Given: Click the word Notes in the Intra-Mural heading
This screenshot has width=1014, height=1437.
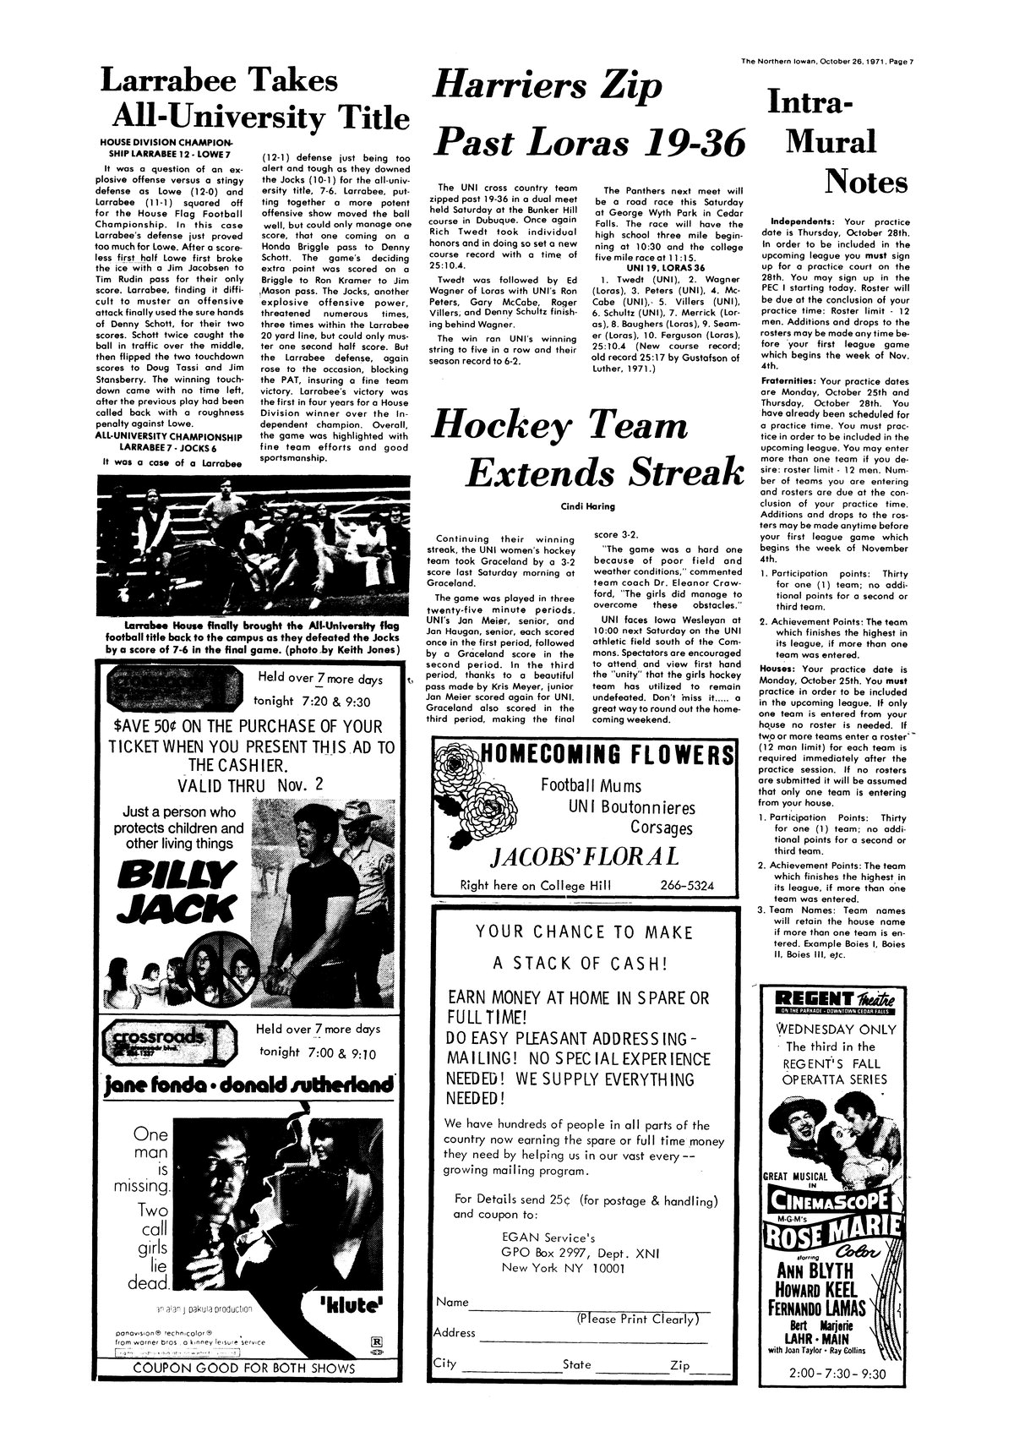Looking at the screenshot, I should (865, 180).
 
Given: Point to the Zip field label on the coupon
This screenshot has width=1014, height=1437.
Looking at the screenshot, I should (680, 1365).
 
